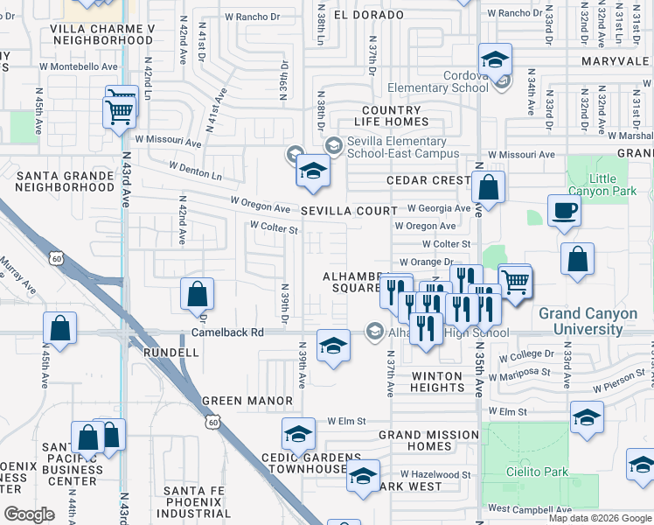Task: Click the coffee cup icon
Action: coord(565,211)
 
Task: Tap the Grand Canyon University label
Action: coord(594,320)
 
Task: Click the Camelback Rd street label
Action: coord(227,333)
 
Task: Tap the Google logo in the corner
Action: coord(29,514)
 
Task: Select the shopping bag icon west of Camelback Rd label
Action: coord(197,296)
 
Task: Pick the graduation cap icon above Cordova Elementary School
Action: coord(495,60)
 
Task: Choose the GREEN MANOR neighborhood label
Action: coord(247,401)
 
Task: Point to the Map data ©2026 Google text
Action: coord(600,518)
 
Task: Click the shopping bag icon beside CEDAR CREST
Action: coord(488,187)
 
